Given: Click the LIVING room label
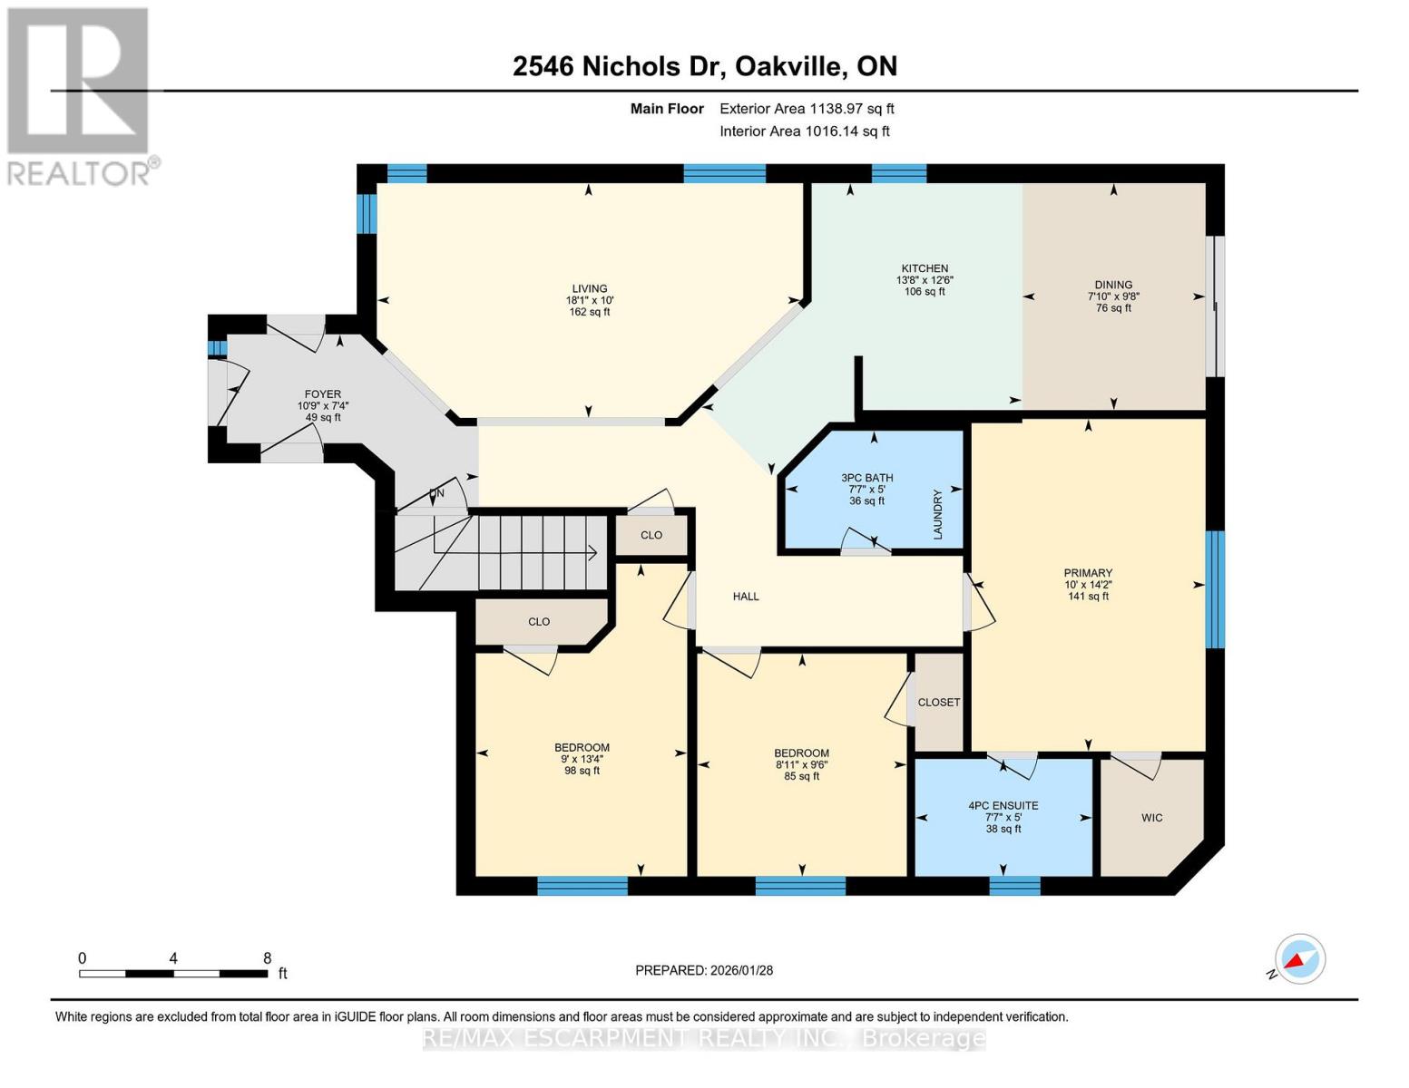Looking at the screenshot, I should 589,288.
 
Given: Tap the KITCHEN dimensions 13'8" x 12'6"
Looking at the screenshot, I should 925,280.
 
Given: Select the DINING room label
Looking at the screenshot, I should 1113,285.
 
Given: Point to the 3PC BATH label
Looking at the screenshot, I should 866,478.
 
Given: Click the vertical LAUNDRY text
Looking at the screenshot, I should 938,515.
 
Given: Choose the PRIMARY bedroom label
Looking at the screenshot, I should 1088,573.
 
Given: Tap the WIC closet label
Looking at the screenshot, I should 1151,818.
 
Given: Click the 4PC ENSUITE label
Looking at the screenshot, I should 1003,805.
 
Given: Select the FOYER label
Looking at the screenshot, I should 322,394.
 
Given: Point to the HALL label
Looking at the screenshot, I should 746,597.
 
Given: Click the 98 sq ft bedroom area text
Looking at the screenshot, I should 582,771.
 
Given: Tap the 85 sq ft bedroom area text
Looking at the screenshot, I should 801,776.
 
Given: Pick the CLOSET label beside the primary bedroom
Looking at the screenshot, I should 938,703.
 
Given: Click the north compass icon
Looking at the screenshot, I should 1299,959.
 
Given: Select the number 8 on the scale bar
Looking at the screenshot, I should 267,958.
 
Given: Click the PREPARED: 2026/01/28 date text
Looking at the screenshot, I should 704,970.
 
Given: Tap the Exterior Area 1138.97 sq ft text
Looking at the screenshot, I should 807,109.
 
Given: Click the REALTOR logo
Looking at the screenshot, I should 80,95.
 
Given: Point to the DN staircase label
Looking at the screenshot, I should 436,494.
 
